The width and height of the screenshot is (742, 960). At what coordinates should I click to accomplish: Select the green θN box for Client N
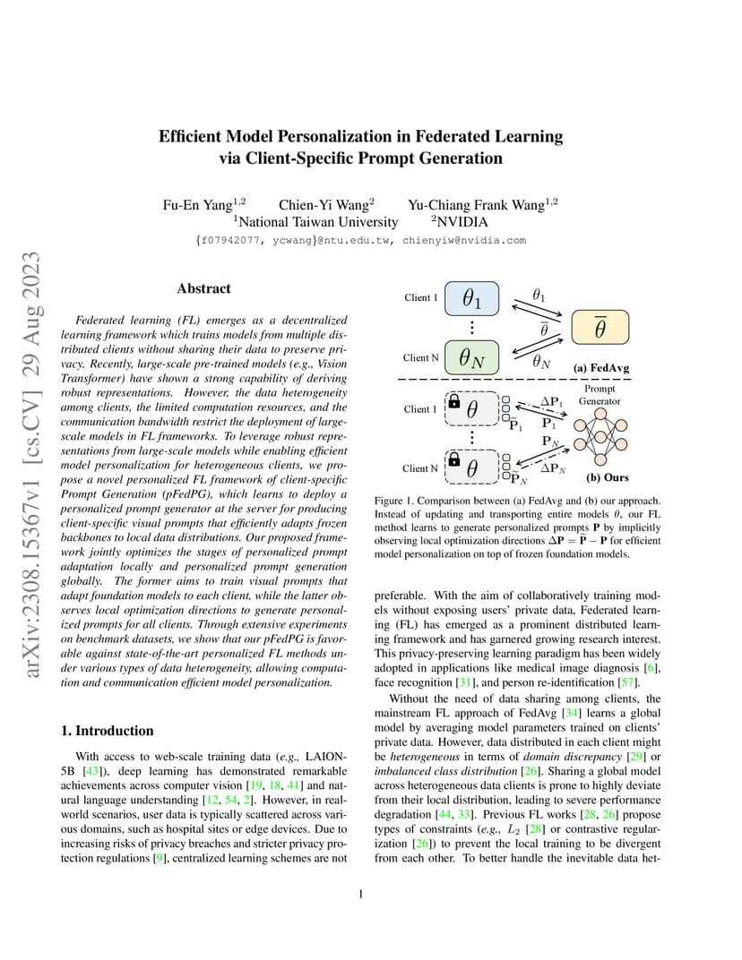coord(473,357)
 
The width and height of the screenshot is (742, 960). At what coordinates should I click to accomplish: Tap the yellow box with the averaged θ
coord(600,328)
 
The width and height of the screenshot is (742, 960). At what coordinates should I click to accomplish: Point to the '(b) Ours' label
coord(607,478)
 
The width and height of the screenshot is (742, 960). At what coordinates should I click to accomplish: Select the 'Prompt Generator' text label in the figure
coord(600,395)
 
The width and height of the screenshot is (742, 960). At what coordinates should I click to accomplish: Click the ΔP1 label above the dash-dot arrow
coord(552,402)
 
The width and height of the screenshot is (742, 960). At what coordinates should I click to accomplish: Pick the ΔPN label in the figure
coord(553,468)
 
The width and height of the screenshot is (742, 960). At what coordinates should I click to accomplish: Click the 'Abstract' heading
coord(203,288)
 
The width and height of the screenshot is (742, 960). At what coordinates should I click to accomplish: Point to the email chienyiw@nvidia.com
coord(464,240)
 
